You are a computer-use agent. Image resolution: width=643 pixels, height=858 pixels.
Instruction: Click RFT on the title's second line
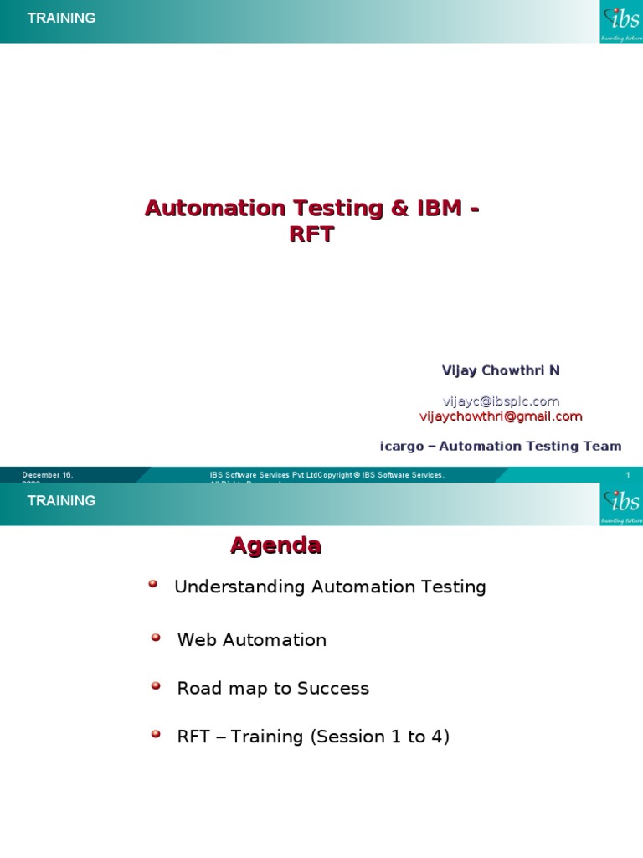point(311,235)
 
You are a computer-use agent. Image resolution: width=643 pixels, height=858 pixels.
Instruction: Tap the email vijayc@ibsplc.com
point(502,401)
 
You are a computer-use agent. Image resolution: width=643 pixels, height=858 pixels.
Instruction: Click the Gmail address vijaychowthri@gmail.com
point(501,416)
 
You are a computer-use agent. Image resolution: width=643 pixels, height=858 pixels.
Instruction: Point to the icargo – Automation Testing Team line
point(501,446)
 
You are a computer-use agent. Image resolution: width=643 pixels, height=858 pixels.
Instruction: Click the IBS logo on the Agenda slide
point(621,504)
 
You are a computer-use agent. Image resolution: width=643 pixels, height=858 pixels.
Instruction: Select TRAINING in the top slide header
point(61,18)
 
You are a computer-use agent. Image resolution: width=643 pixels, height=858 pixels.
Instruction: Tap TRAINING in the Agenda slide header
point(61,500)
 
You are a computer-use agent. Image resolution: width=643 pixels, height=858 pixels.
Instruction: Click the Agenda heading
point(275,546)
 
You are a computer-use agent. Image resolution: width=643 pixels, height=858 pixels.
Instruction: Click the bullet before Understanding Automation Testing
point(153,585)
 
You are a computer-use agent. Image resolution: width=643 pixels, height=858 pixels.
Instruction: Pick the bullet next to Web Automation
point(156,638)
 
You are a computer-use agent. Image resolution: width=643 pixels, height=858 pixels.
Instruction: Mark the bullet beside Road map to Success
point(156,686)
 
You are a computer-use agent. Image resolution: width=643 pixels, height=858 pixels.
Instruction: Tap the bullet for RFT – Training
point(156,735)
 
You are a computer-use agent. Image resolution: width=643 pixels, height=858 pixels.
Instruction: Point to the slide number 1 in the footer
point(627,475)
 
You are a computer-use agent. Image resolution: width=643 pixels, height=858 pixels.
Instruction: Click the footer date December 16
point(48,475)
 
